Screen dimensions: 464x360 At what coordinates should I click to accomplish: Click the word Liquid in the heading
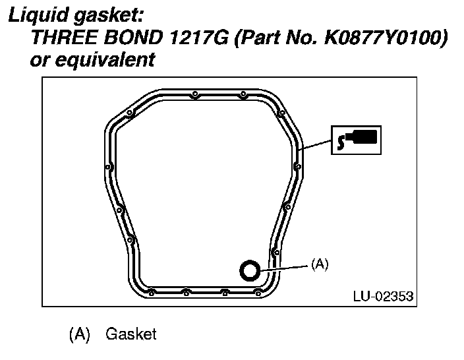[38, 15]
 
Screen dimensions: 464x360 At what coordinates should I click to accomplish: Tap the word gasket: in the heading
[108, 15]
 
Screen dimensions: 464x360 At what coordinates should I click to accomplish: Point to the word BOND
[134, 38]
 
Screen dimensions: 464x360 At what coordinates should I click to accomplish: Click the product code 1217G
[199, 38]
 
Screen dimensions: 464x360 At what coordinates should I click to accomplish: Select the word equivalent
[105, 60]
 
